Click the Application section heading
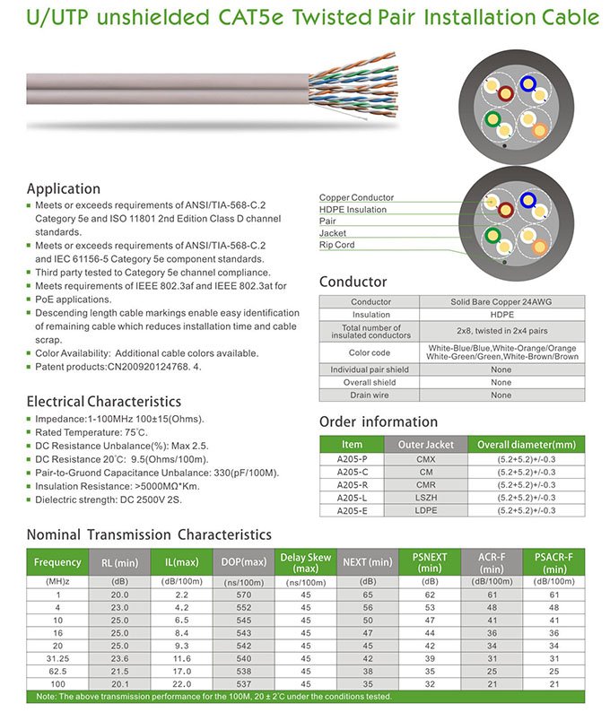click(63, 188)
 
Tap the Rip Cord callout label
click(337, 245)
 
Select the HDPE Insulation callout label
click(353, 209)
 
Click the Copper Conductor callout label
click(356, 197)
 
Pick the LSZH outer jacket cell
click(425, 497)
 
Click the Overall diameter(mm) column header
click(526, 444)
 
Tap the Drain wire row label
click(370, 395)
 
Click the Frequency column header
click(57, 562)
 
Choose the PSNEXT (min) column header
click(430, 562)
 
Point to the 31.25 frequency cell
click(57, 657)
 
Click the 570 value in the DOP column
click(243, 595)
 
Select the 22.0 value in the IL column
click(181, 682)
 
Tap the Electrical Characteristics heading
click(103, 401)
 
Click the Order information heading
click(379, 421)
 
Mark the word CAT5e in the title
click(267, 17)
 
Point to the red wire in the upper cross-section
click(507, 91)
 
